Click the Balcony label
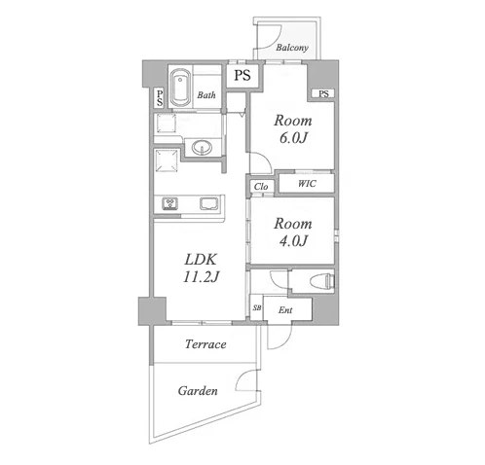click(x=292, y=48)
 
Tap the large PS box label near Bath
click(x=242, y=75)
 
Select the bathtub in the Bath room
click(x=180, y=87)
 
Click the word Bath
click(x=206, y=95)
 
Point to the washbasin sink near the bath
click(x=202, y=148)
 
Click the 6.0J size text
click(x=293, y=138)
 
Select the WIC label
click(x=307, y=184)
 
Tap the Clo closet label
click(x=261, y=187)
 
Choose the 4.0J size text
click(x=293, y=241)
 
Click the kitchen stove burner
click(x=169, y=203)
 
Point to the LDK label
click(x=201, y=260)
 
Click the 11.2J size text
click(x=202, y=277)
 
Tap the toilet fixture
click(x=322, y=280)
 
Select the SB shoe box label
click(x=257, y=307)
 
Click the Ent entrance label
click(x=285, y=310)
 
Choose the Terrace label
click(x=205, y=344)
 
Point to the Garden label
click(x=198, y=391)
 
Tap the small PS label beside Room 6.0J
click(x=323, y=94)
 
